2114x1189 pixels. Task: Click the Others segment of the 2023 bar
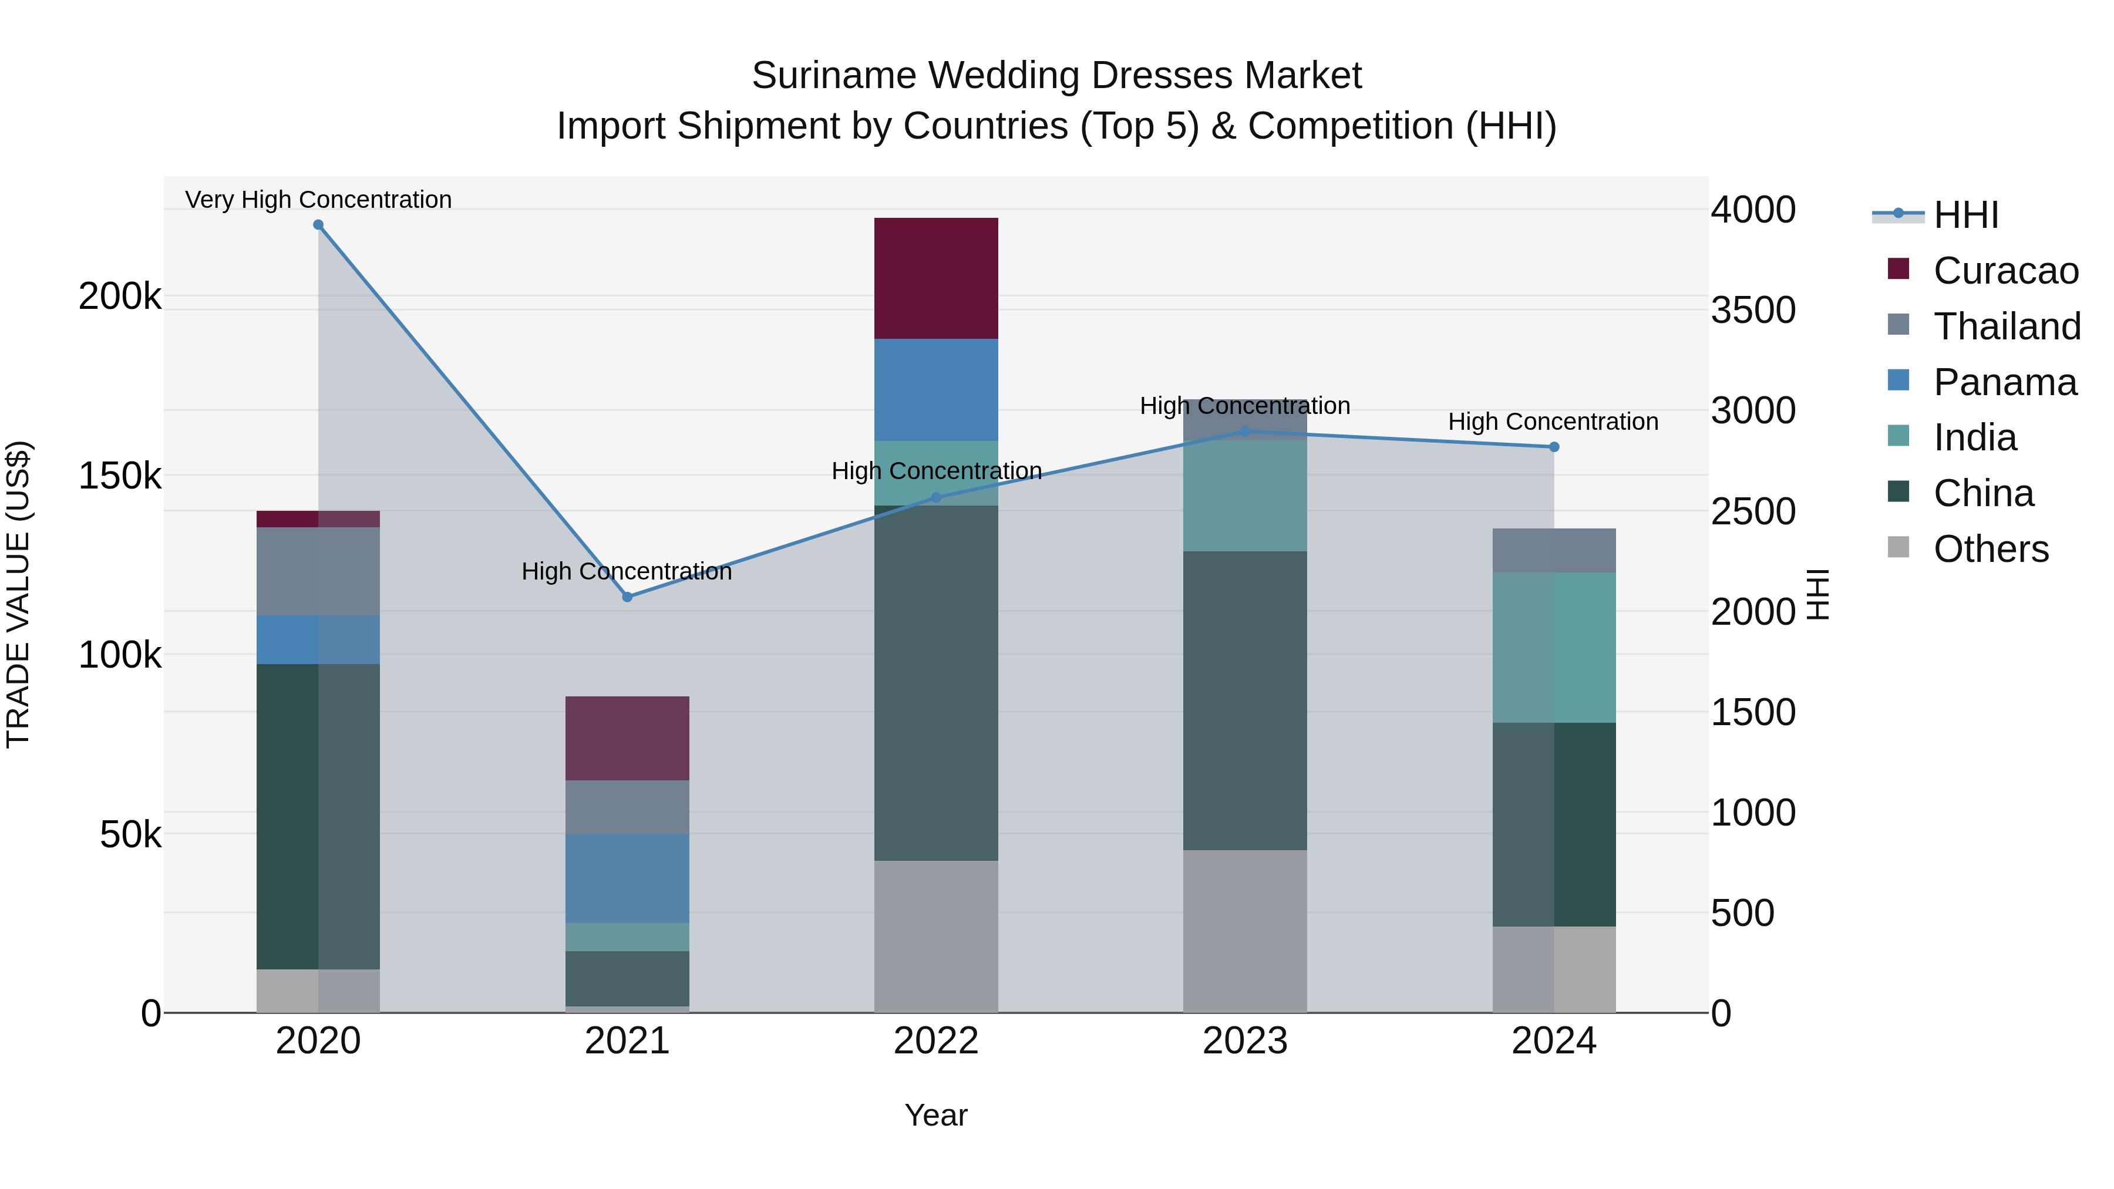tap(1244, 931)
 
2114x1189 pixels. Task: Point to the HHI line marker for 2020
tap(318, 225)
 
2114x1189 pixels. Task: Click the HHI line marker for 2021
tap(627, 597)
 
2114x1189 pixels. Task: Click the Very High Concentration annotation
tap(318, 200)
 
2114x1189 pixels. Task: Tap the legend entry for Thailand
tap(2007, 326)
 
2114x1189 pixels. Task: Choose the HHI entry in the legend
tap(1965, 215)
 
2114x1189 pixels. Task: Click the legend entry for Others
tap(1990, 549)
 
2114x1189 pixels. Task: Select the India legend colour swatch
tap(1898, 436)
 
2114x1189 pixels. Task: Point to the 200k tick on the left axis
tap(120, 297)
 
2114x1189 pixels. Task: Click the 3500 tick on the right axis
tap(1753, 310)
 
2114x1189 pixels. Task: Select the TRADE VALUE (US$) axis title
tap(18, 594)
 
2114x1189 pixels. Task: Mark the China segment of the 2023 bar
tap(1244, 700)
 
